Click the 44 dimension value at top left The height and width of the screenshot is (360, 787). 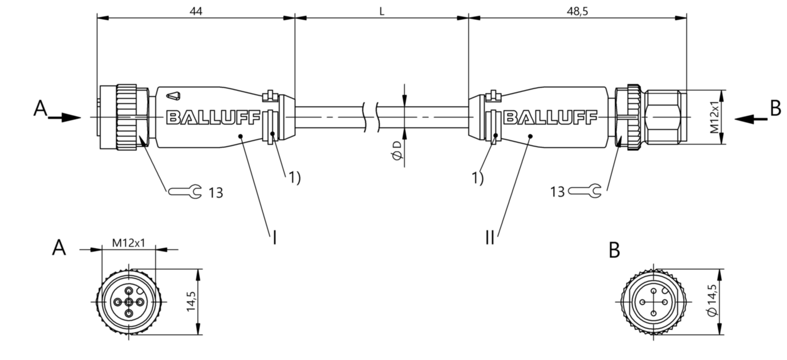pos(196,11)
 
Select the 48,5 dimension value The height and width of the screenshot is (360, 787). pos(577,11)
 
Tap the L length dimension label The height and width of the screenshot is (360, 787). pos(382,11)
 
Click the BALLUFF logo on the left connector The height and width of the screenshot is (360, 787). pos(213,118)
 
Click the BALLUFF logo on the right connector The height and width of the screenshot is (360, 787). pos(550,118)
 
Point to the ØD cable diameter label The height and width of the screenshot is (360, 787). pos(397,151)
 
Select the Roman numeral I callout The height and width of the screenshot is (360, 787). pos(274,237)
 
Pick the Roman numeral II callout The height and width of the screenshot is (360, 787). pos(489,237)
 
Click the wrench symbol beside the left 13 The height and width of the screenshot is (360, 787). pos(185,192)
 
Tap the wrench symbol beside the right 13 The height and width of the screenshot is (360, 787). pos(585,191)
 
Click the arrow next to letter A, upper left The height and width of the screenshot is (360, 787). pos(64,118)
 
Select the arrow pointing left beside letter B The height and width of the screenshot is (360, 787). pos(751,119)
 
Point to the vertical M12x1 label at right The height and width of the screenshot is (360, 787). pos(714,117)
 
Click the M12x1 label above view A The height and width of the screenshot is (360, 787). pos(128,242)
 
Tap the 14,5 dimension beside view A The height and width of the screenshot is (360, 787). pos(191,301)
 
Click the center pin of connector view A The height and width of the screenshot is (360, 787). pos(129,302)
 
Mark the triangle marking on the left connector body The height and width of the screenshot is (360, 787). pos(173,96)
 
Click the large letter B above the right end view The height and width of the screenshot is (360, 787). pos(614,250)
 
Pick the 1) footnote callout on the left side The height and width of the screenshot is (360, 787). pos(295,177)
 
